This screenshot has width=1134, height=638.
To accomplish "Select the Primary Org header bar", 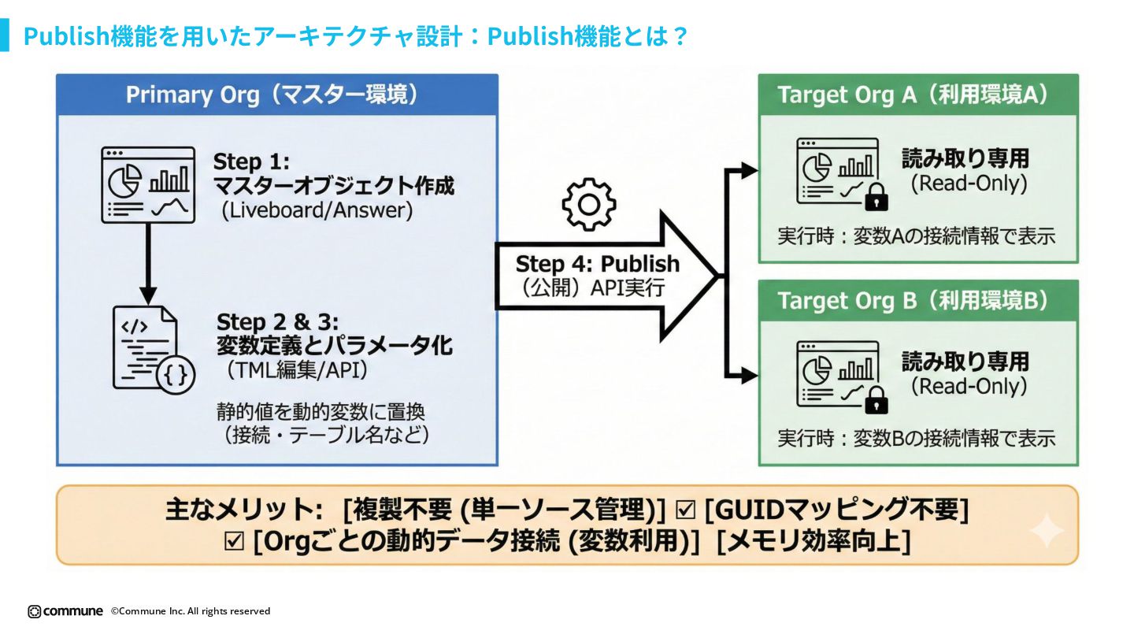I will tap(276, 95).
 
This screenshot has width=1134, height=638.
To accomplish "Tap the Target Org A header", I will tap(917, 95).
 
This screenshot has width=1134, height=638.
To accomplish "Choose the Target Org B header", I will tap(917, 301).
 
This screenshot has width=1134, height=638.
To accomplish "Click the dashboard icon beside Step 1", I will tap(148, 184).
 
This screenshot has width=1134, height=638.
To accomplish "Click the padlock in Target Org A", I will tap(876, 198).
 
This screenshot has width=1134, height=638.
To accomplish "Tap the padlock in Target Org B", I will tap(876, 401).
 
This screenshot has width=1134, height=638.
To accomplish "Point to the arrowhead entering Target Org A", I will tap(749, 170).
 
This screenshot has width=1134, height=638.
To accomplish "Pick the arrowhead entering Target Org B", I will tap(749, 376).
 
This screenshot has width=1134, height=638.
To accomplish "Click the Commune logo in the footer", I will tap(65, 611).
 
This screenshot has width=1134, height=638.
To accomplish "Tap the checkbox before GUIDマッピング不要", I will tap(686, 510).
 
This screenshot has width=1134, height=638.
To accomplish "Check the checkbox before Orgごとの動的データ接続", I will tap(234, 542).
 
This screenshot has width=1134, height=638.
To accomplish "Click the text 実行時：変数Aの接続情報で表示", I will tap(916, 236).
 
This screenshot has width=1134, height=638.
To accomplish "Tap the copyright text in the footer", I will tap(191, 611).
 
